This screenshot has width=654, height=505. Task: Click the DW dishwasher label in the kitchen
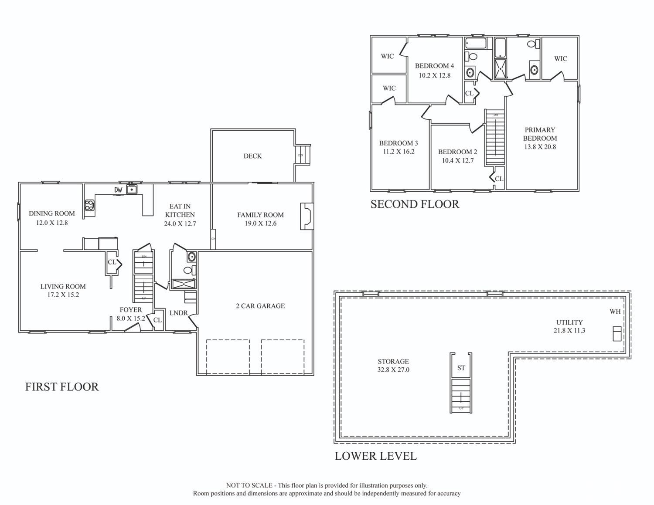click(118, 190)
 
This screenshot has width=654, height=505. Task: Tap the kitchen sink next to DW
click(132, 190)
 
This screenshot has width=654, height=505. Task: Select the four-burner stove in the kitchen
click(90, 205)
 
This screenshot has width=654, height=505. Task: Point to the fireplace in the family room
click(307, 217)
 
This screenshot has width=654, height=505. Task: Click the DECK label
click(252, 156)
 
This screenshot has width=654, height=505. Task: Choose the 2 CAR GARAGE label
click(260, 306)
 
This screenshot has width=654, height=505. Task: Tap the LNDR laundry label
click(178, 313)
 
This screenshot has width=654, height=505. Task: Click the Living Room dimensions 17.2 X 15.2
click(63, 295)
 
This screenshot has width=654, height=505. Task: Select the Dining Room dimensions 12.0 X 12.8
click(52, 223)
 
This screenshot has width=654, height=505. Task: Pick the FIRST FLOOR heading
click(62, 387)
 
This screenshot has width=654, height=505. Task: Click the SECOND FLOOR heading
click(415, 204)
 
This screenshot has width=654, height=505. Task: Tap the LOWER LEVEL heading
click(375, 456)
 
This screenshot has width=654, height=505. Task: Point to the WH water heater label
click(615, 312)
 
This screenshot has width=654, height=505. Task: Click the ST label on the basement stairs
click(461, 368)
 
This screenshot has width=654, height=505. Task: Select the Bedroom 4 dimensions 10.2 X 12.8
click(435, 75)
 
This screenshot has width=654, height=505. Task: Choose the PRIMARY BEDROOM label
click(540, 134)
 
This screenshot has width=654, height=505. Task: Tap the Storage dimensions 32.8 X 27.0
click(393, 369)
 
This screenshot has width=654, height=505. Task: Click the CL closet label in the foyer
click(157, 320)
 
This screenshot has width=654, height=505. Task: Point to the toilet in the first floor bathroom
click(190, 270)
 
